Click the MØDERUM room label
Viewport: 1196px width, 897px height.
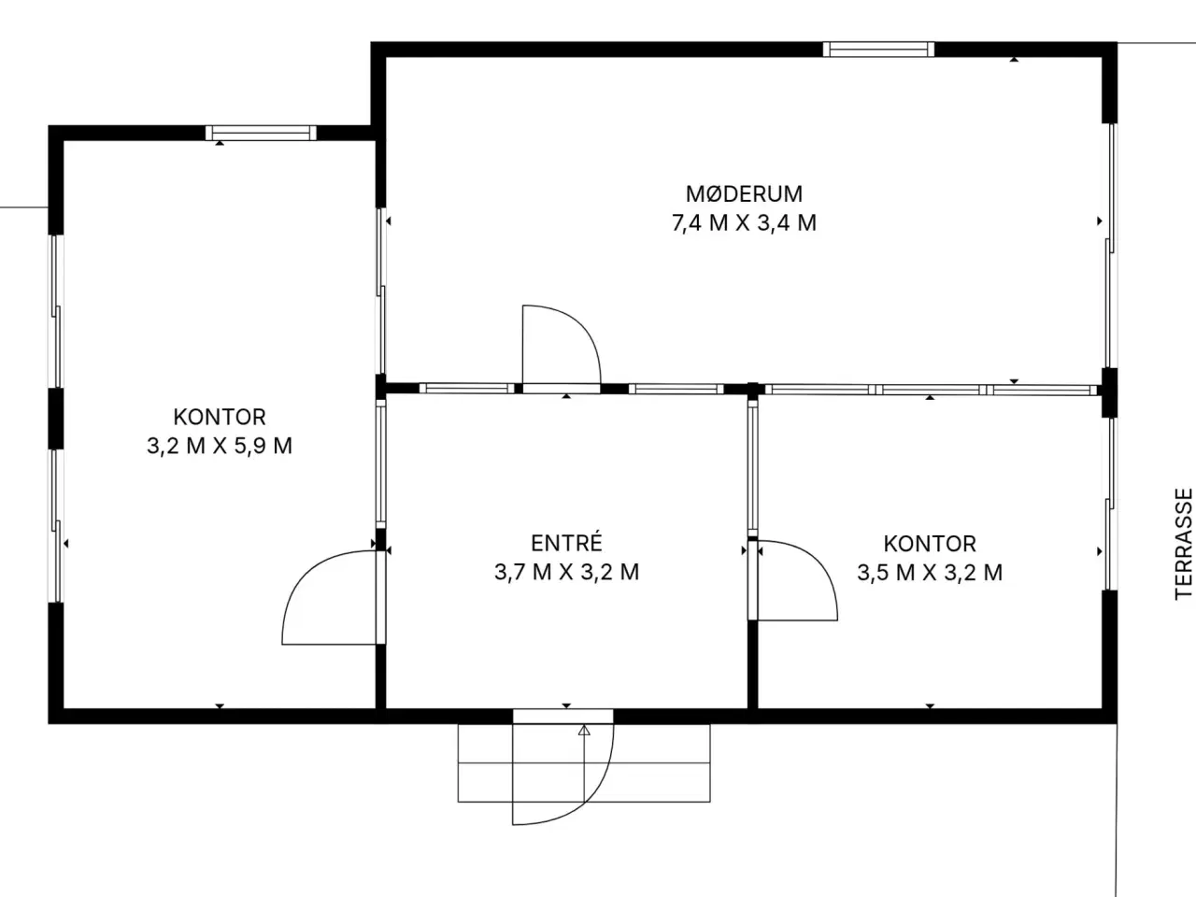coord(744,194)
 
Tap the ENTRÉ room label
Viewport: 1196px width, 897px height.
coord(566,543)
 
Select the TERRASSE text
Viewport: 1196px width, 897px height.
coord(1184,544)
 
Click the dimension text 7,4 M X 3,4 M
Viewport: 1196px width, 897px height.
coord(744,223)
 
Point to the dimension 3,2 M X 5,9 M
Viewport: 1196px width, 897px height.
coord(219,446)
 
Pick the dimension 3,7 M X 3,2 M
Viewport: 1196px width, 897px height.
coord(566,573)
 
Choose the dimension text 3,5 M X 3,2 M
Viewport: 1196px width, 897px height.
coord(930,573)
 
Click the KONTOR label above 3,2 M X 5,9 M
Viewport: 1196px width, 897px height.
coord(219,417)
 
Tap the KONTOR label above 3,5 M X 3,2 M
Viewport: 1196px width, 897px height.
coord(930,544)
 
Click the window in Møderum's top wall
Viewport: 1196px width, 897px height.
coord(878,50)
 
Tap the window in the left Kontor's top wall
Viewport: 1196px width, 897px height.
coord(261,133)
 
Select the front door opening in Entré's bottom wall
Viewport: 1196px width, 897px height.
coord(563,716)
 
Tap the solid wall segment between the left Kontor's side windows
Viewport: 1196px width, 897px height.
coord(56,419)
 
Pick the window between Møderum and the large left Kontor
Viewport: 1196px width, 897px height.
coord(381,291)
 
